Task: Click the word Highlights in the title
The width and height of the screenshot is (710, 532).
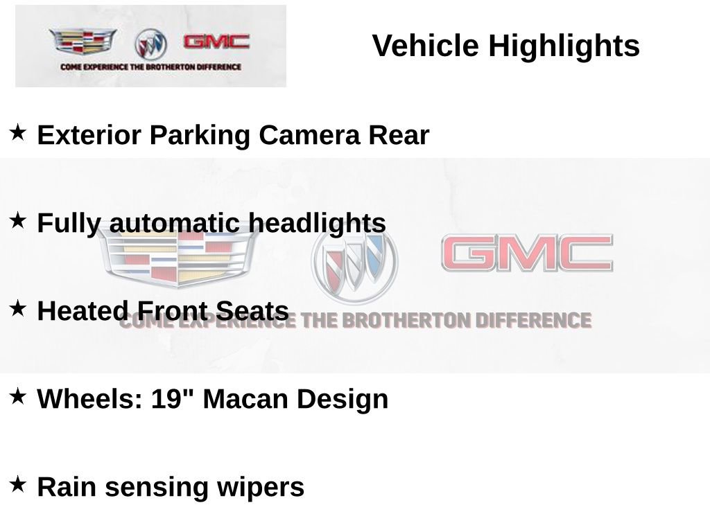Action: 564,46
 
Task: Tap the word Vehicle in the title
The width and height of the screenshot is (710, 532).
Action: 425,46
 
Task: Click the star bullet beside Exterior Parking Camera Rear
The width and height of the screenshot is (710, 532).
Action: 18,132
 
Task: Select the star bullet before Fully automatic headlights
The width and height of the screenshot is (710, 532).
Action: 18,220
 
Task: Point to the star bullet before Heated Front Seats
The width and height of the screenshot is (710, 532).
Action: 18,308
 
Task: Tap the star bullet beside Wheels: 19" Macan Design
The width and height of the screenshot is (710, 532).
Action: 18,396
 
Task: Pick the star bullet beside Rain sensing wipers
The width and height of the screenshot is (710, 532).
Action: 18,484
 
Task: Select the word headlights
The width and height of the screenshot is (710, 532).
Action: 317,223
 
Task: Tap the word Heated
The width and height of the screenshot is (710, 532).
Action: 83,311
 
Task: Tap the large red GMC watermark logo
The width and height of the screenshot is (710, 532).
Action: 527,254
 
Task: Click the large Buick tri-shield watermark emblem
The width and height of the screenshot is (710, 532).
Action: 355,263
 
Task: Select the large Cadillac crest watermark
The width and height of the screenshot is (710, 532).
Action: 177,255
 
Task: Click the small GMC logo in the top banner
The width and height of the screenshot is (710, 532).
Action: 216,42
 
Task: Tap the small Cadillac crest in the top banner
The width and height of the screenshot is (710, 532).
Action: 83,42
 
